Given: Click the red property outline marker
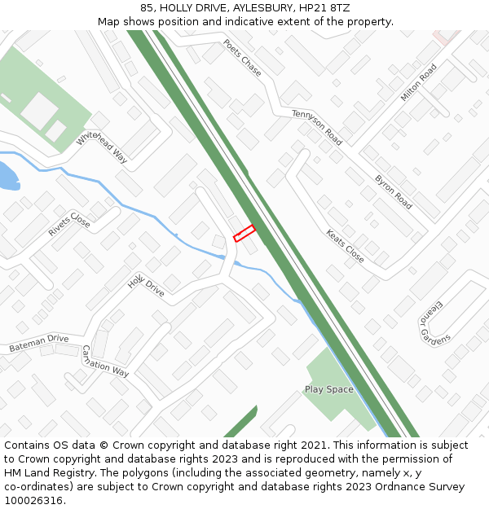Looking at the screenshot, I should [244, 233].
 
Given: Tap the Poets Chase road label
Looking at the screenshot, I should [242, 58].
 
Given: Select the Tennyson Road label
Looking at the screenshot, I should [317, 127].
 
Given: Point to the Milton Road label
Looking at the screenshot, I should [419, 82].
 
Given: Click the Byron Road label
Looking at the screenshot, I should [393, 191].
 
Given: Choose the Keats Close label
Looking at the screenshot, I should [345, 246].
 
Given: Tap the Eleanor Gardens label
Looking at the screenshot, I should [430, 323].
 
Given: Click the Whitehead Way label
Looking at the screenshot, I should [103, 148].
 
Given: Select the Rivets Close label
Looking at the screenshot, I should [69, 224].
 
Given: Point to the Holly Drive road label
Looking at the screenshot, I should [146, 287].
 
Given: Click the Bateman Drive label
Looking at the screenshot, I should [39, 344].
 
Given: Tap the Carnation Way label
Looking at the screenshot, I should [105, 361].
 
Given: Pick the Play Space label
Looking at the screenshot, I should [329, 389].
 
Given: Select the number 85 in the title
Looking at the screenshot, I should [147, 7].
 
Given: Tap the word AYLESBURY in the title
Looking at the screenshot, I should [258, 7].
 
